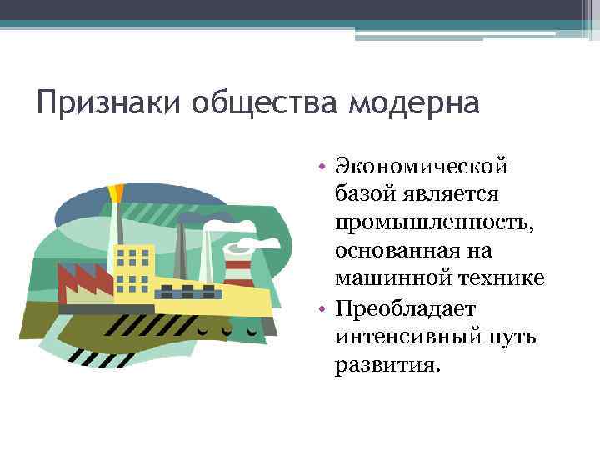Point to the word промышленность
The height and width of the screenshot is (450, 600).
[x=422, y=222]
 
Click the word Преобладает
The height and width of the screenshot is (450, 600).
[x=405, y=309]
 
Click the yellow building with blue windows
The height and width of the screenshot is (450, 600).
[x=133, y=267]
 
